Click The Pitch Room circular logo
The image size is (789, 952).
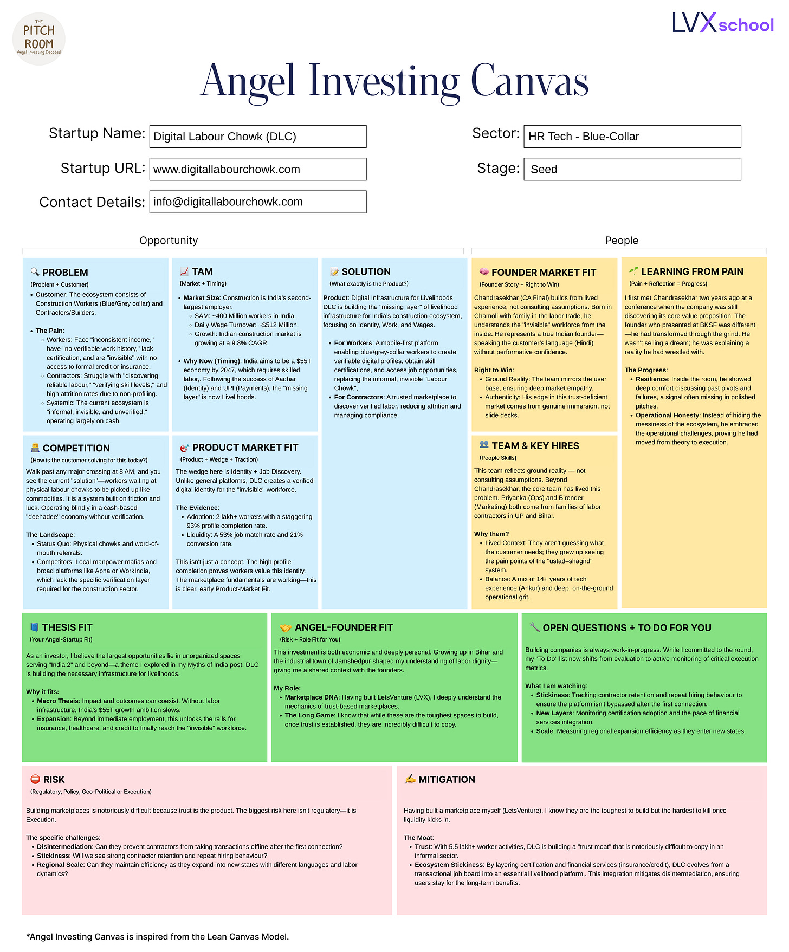38,39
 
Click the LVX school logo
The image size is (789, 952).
723,23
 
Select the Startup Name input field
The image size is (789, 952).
258,137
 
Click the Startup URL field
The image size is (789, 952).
258,169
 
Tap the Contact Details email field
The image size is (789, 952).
258,202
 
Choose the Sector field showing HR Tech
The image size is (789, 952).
632,137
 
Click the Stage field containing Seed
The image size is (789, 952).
632,169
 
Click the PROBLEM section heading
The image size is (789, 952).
65,273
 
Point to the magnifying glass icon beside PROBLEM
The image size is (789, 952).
35,272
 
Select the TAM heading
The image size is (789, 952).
202,271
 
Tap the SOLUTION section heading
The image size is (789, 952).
366,272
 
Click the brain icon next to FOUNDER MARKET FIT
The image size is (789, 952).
484,272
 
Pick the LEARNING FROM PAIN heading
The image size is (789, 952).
692,271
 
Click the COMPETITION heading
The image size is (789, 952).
76,448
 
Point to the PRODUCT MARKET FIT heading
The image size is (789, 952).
245,448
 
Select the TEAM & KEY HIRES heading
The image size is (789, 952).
535,446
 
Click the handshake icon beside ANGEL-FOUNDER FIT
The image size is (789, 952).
285,628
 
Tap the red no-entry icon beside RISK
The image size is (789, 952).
35,779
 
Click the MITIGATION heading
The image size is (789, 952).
447,780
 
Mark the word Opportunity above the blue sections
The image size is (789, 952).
169,241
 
